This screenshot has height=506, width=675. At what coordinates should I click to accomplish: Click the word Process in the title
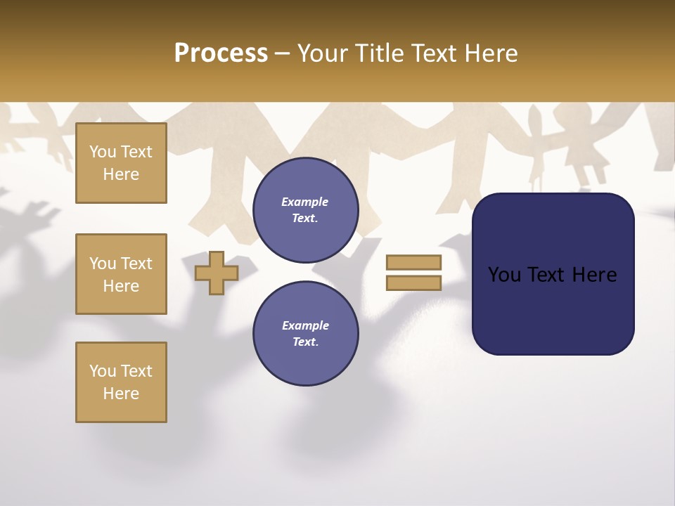coord(221,53)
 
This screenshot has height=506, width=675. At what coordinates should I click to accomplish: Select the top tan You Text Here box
coord(121,163)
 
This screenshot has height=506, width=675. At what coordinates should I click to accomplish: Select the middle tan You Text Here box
coord(121,274)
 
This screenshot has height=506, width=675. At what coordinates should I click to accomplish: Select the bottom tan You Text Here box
coord(121,382)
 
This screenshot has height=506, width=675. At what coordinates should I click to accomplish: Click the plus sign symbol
coord(216,273)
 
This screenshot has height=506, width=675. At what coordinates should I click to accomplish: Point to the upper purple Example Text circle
coord(305,210)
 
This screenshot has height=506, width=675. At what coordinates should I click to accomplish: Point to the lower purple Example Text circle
coord(305,334)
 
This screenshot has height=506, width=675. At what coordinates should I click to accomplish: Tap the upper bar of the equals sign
coord(413,262)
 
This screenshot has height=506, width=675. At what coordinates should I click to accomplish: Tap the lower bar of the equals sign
coord(413,283)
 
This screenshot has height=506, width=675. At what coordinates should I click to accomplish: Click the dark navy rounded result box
coord(553,309)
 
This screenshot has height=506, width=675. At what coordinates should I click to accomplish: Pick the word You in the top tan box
coord(103,152)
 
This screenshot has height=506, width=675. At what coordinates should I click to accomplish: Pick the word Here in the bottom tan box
coord(121,394)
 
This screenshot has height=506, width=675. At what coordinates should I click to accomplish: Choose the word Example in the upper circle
coord(305,202)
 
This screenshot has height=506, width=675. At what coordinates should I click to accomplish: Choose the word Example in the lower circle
coord(305,325)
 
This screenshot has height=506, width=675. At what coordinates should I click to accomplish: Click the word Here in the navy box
coord(594,275)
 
